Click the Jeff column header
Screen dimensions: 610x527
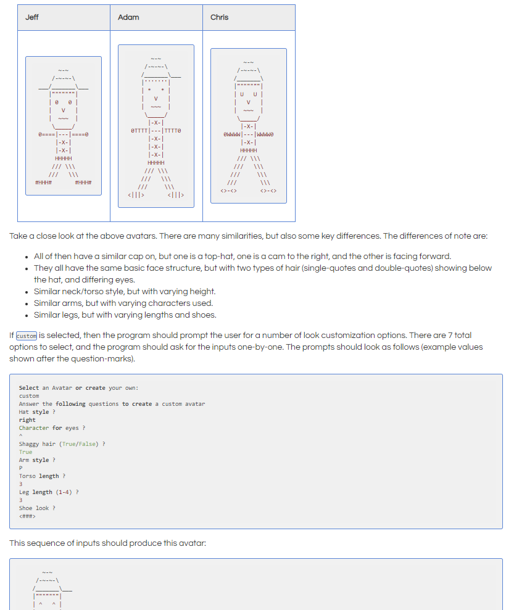[x=32, y=17]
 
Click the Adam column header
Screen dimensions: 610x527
[x=128, y=17]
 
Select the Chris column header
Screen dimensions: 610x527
[x=219, y=17]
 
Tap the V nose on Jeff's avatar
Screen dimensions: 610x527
[x=63, y=110]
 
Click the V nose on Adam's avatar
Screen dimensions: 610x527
[x=156, y=99]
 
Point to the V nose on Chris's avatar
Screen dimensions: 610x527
[x=248, y=102]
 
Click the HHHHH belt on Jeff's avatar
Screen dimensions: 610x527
[x=63, y=159]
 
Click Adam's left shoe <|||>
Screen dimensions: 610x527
[x=136, y=195]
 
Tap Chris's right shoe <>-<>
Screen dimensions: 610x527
[x=268, y=191]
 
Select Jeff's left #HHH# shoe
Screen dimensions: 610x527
[x=43, y=183]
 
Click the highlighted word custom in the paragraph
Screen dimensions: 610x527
[x=26, y=336]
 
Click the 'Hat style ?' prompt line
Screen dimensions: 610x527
[x=37, y=412]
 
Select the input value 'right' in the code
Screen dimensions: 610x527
[x=27, y=420]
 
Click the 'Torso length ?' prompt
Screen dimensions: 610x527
[x=42, y=476]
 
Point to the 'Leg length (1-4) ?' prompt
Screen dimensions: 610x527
[x=48, y=492]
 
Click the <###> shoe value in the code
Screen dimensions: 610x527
[x=27, y=516]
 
